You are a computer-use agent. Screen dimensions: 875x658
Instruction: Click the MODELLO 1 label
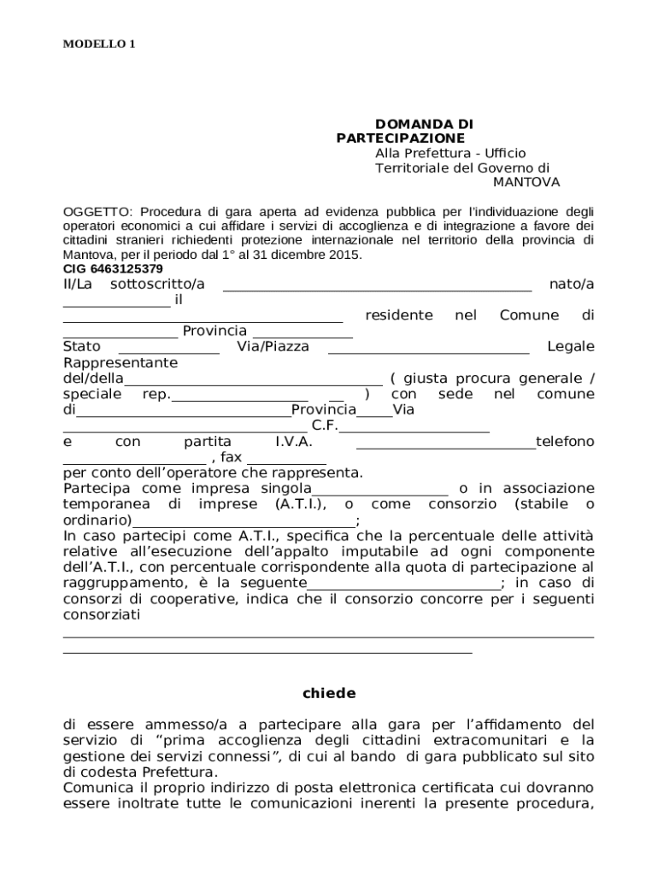(99, 44)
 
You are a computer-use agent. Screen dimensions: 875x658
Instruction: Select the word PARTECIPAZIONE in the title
(401, 138)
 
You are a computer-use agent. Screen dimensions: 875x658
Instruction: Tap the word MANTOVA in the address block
(526, 182)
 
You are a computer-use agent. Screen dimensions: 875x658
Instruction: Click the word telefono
(564, 442)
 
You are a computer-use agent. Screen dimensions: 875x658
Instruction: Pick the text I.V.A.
(293, 442)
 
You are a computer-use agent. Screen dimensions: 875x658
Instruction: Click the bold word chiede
(329, 693)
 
